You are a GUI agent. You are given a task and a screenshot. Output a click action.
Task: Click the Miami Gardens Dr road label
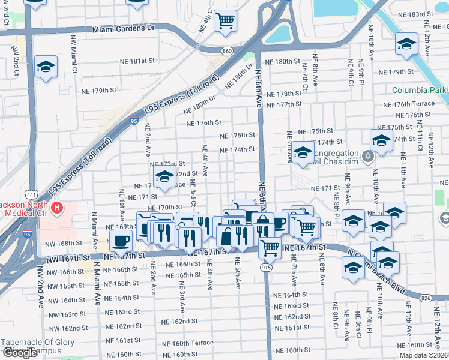coord(124,28)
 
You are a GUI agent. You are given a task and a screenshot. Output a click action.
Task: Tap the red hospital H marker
coord(57,209)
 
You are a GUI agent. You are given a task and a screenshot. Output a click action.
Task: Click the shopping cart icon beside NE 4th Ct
coord(226,20)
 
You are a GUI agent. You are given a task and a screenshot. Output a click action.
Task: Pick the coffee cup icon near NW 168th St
coord(121,241)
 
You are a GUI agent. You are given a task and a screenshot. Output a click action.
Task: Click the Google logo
coord(20,353)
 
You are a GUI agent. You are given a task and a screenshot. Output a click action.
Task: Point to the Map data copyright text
coord(423,355)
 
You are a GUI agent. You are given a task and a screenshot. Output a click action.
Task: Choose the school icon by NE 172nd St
coord(163,176)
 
